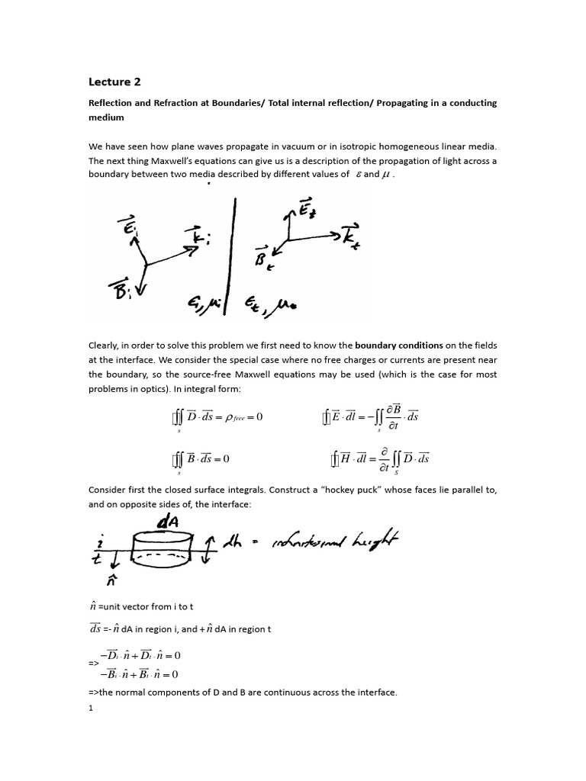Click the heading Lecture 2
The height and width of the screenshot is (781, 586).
[115, 82]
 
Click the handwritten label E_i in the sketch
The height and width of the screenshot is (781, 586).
[128, 227]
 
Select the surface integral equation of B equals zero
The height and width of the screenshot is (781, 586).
[200, 459]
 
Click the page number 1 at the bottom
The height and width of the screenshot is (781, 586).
[91, 708]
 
